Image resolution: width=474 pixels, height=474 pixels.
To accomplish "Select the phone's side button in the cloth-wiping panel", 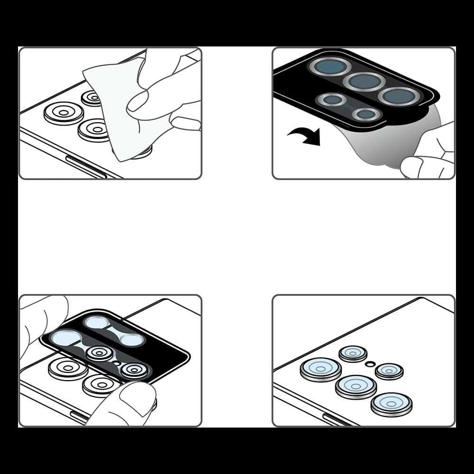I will click(x=85, y=167).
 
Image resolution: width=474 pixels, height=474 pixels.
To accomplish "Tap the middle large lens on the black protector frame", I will click(x=364, y=81).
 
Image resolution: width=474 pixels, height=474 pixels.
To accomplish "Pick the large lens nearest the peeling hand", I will click(x=399, y=96).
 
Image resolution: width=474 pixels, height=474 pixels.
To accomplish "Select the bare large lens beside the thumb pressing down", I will click(x=101, y=384).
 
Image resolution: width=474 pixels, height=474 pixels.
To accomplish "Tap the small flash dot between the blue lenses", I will click(x=371, y=364).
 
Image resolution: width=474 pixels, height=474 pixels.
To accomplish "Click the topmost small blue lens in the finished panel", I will click(x=353, y=353).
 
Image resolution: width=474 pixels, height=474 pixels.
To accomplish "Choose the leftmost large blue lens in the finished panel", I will click(x=320, y=368).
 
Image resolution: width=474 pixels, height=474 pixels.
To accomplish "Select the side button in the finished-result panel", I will click(x=339, y=419).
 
